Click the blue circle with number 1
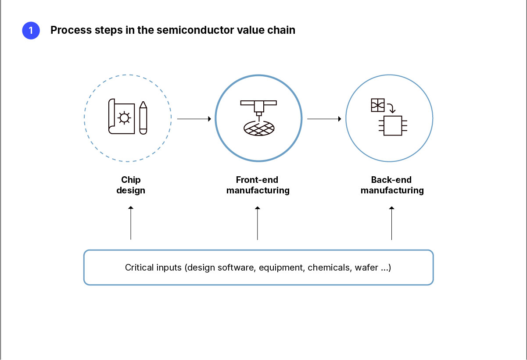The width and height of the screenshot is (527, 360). pyautogui.click(x=31, y=31)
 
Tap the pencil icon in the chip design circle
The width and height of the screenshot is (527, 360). pyautogui.click(x=143, y=118)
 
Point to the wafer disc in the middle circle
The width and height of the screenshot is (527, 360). pyautogui.click(x=259, y=128)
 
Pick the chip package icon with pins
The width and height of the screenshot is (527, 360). pyautogui.click(x=393, y=125)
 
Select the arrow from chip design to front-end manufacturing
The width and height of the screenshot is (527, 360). pyautogui.click(x=194, y=118)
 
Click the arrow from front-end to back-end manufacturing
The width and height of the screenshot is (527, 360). pyautogui.click(x=324, y=118)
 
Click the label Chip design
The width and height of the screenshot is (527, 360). pyautogui.click(x=131, y=185)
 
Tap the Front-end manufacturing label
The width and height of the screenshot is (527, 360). pyautogui.click(x=258, y=185)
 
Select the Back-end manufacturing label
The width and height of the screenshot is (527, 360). pyautogui.click(x=392, y=185)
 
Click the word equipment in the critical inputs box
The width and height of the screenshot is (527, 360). pyautogui.click(x=281, y=267)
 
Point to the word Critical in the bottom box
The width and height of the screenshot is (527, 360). pyautogui.click(x=139, y=267)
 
